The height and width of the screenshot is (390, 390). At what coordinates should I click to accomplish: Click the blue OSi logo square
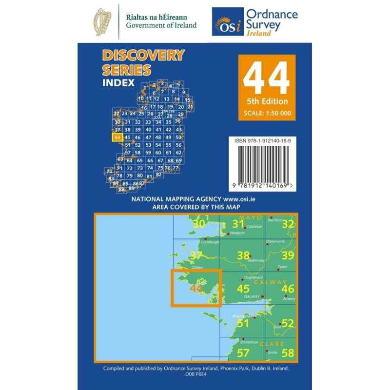[x=227, y=21]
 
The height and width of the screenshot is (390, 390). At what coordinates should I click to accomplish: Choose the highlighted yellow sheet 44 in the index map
[x=117, y=138]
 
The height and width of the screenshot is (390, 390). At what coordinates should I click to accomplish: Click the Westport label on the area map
[x=237, y=234]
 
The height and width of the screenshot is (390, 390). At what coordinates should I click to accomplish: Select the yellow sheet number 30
[x=198, y=224]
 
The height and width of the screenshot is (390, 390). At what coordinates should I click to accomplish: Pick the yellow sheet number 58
[x=288, y=352]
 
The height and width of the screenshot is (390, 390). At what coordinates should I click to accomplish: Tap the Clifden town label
[x=197, y=268]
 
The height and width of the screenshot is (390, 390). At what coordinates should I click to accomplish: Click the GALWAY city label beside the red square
[x=251, y=296]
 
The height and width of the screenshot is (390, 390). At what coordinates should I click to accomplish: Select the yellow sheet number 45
[x=243, y=289]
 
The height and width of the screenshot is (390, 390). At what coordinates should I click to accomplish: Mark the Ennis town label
[x=271, y=352]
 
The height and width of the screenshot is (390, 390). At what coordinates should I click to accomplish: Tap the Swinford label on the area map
[x=275, y=220]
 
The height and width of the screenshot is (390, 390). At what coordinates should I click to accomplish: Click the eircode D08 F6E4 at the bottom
[x=195, y=374]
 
